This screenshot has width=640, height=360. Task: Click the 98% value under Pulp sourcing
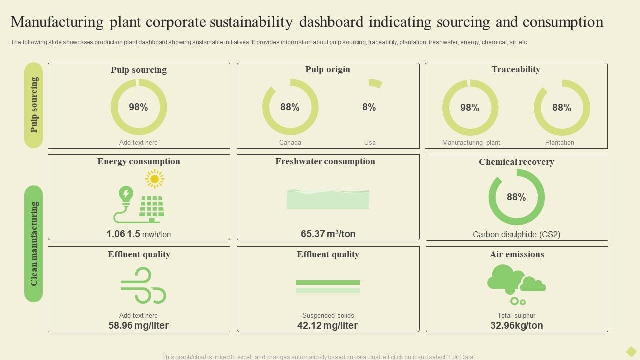tap(138, 107)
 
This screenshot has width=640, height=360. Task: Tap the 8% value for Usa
tap(369, 107)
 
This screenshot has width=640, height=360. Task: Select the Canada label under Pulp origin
tap(290, 142)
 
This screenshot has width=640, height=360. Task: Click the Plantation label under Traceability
tap(559, 142)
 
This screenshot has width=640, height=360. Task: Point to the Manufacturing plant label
tap(471, 142)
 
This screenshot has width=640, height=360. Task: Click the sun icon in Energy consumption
tap(154, 179)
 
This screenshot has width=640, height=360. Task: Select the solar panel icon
tap(152, 208)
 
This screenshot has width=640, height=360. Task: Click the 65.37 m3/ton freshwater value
tap(328, 234)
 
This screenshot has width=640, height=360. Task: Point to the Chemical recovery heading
tap(516, 162)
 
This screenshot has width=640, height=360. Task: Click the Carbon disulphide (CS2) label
tap(516, 234)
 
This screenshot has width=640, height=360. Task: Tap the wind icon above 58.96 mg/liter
tap(143, 285)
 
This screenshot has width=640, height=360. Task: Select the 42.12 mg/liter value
tap(327, 325)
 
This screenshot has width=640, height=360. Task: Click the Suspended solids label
tap(328, 315)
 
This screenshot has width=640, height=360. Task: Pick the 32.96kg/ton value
tap(516, 325)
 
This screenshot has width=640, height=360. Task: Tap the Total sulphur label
tap(516, 315)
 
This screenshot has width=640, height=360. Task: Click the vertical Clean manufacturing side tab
tap(34, 244)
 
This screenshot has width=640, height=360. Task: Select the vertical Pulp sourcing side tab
tap(34, 105)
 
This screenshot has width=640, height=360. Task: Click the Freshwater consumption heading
tap(325, 161)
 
